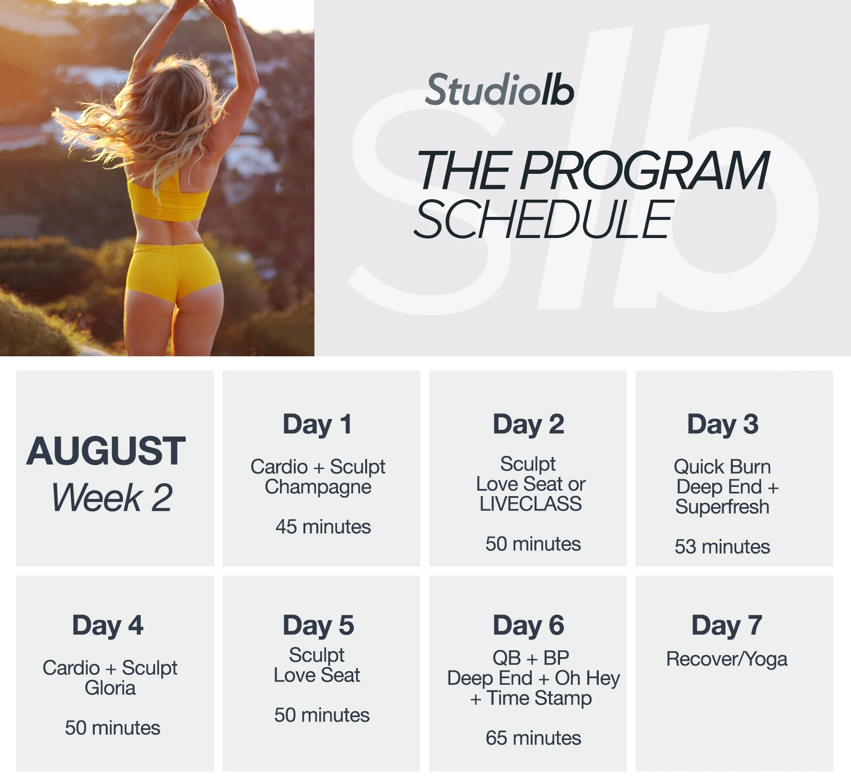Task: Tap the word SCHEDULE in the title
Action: point(543,219)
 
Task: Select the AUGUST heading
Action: point(106,451)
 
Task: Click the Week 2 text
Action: point(112,498)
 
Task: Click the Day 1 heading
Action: point(317,424)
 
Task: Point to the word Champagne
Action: point(318,487)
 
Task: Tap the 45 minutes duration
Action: point(323,527)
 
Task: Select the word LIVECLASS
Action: point(530,504)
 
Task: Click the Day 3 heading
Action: point(722,424)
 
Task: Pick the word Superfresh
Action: point(722,507)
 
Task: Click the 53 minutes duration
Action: point(722,546)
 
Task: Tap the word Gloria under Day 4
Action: point(110,688)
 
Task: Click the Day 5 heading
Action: point(318,625)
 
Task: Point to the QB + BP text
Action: point(530,658)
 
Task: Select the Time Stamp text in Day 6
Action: point(539,698)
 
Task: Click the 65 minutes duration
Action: point(533,738)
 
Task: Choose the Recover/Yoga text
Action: point(726,659)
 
